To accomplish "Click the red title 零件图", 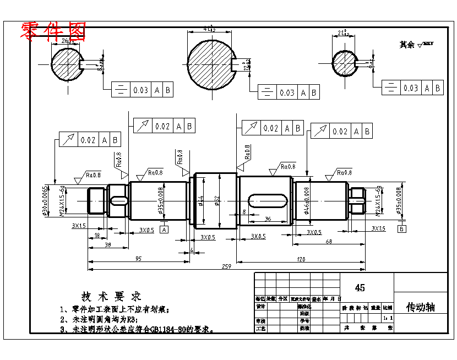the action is (x=53, y=32).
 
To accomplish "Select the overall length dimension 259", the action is (x=226, y=267).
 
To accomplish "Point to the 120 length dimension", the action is (x=301, y=259).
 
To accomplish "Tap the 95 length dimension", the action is (x=138, y=258).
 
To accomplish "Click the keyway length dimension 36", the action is (x=268, y=219).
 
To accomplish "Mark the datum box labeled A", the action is (x=164, y=229).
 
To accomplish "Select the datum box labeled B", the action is (x=402, y=228).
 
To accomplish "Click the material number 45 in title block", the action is (x=360, y=288).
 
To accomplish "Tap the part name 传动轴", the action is (x=420, y=307).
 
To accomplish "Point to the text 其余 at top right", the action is (x=407, y=45).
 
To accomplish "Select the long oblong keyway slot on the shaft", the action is (x=268, y=199).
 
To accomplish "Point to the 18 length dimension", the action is (x=97, y=235).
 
